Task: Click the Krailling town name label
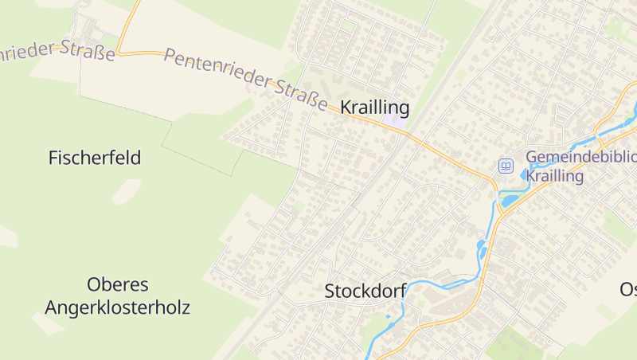coord(374,108)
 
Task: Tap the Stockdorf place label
coord(365,292)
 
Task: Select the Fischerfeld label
coord(95,158)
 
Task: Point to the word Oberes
coord(118,284)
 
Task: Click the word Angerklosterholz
coord(118,307)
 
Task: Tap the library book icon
coord(506,166)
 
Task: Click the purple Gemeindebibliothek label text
coord(581,157)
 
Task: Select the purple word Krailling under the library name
coord(556,176)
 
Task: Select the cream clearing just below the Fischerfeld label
coord(126,191)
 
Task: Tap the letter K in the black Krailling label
coord(346,108)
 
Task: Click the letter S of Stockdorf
coord(330,292)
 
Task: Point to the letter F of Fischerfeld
coord(53,158)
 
